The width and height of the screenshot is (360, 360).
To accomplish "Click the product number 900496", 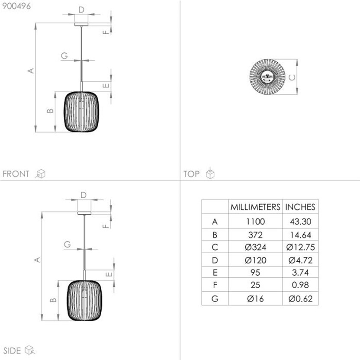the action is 16,6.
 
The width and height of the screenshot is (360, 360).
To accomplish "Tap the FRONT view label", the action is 16,174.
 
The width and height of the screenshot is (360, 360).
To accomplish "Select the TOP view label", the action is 191,174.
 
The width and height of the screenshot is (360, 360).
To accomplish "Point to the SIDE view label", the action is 12,350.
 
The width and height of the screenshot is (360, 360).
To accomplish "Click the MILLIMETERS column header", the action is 255,207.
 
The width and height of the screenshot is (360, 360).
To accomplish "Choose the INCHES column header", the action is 300,207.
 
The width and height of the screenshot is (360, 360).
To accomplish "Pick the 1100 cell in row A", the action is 255,222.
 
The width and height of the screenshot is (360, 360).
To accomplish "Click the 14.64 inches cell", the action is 300,235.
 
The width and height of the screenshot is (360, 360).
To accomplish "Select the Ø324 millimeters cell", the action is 255,247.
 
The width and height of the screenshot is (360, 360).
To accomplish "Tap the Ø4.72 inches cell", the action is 300,260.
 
